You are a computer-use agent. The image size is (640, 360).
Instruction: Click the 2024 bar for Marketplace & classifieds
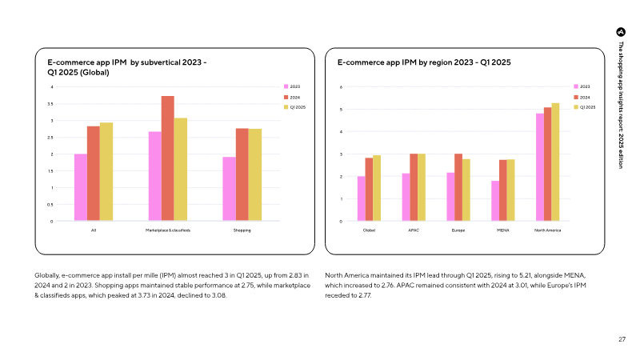point(168,158)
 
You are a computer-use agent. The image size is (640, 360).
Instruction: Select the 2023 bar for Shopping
point(229,189)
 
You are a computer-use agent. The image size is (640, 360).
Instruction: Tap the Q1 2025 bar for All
point(106,172)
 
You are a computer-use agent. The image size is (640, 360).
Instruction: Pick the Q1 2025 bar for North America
point(555,162)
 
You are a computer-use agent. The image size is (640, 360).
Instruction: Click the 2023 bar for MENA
point(495,201)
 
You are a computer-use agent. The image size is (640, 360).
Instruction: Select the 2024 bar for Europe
point(458,187)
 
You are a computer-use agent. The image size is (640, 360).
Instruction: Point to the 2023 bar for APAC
point(406,197)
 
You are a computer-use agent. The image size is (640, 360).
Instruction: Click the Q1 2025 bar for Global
point(377,188)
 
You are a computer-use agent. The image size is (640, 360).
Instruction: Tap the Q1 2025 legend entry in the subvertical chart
point(294,107)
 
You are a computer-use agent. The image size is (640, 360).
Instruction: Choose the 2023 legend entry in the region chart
point(582,86)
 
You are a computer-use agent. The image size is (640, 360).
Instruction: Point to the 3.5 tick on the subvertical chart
point(50,104)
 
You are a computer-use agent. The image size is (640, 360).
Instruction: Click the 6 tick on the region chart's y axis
point(341,87)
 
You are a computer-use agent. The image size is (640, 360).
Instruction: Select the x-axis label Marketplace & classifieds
point(168,230)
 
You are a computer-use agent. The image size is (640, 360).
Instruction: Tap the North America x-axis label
point(547,230)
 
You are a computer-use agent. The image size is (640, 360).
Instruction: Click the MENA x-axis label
point(503,230)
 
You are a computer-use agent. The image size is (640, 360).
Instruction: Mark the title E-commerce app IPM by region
point(424,62)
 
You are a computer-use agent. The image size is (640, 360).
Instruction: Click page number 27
point(622,339)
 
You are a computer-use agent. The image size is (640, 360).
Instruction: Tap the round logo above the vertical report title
point(621,32)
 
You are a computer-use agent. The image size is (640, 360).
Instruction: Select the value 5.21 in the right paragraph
point(526,275)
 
